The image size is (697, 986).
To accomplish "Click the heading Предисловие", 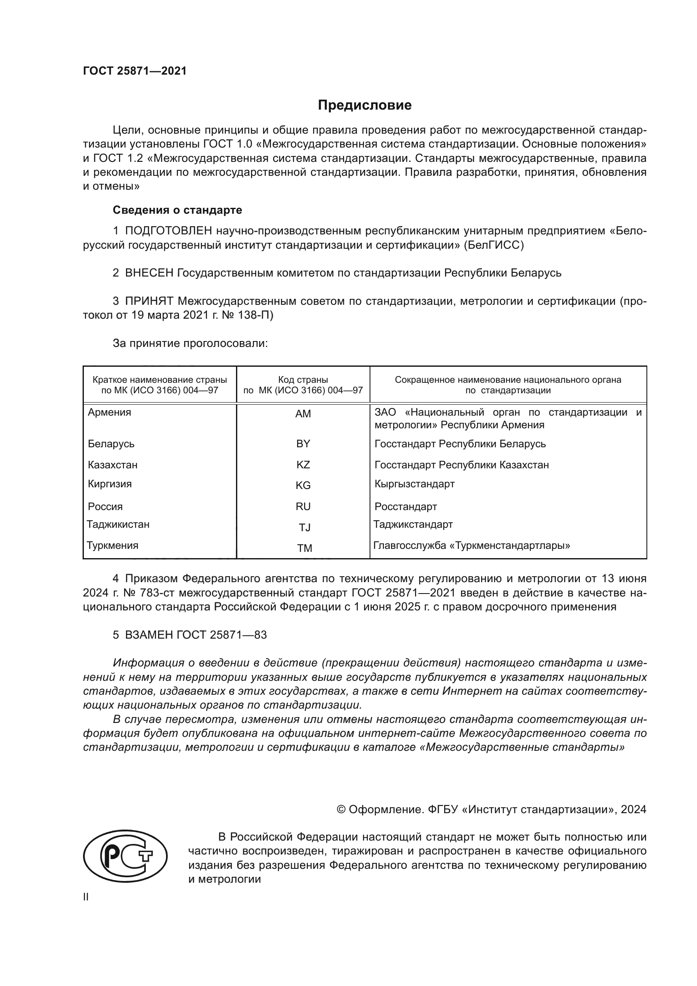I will point(365,105).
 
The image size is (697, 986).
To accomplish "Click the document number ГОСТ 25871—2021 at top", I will point(135,71).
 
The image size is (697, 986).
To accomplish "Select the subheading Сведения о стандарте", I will point(177,210).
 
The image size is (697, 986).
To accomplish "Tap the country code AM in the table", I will point(303,414).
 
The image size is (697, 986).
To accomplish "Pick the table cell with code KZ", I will point(303,465).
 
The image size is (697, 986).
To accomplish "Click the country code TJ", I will point(304,527).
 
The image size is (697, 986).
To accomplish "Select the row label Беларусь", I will point(111,443).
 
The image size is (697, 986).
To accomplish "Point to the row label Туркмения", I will point(113,545).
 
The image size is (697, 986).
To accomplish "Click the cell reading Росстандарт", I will point(405,506).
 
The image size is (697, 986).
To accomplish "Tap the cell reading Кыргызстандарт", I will point(414,484).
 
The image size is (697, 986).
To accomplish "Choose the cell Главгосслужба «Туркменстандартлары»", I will point(471,546).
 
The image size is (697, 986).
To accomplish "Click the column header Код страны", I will point(303,380).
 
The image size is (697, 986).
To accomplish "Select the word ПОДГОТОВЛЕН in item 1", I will point(168,231).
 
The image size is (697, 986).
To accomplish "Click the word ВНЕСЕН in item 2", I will point(149,273).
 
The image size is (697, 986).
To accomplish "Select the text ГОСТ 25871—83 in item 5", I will point(222,635).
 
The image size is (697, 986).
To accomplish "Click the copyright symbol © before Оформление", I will point(341,809).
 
